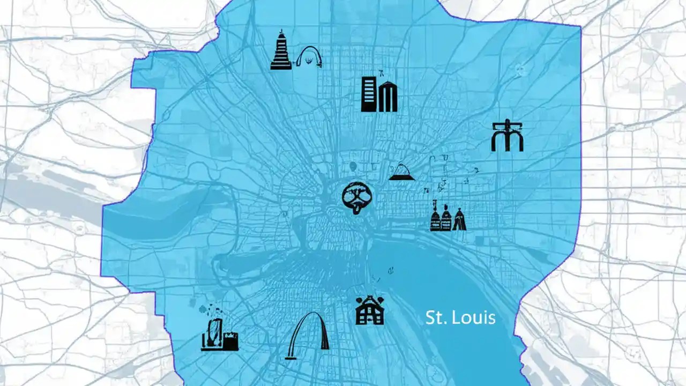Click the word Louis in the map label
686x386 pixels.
click(473, 318)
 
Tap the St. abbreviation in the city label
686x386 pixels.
click(435, 318)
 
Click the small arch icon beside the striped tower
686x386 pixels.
click(309, 57)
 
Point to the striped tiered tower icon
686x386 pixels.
click(280, 52)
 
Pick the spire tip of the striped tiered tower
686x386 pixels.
click(280, 33)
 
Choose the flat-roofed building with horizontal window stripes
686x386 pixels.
click(369, 94)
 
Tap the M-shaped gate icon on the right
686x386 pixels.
click(506, 136)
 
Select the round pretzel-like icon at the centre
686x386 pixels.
click(356, 197)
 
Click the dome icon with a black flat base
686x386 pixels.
click(401, 172)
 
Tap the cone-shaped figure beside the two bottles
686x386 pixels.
click(459, 220)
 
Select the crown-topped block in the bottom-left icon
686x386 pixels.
click(231, 341)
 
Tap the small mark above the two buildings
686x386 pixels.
click(381, 71)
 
